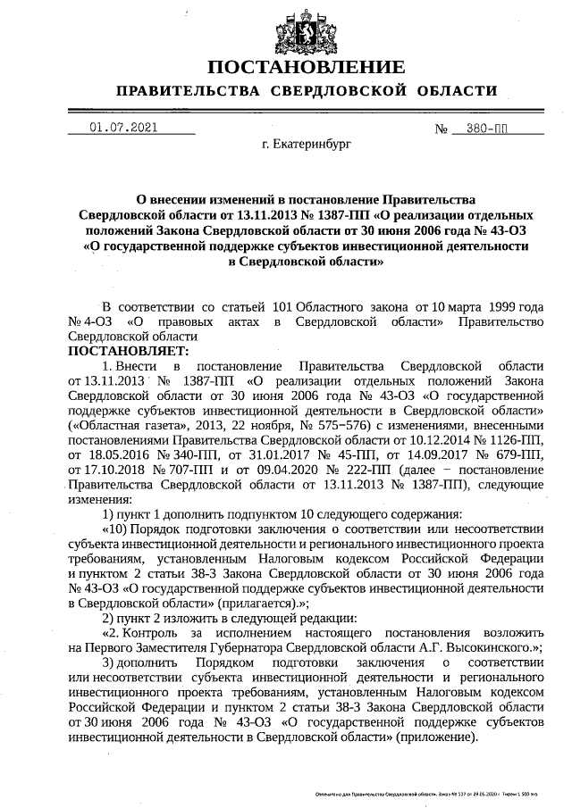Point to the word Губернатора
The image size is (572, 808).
click(255, 647)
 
